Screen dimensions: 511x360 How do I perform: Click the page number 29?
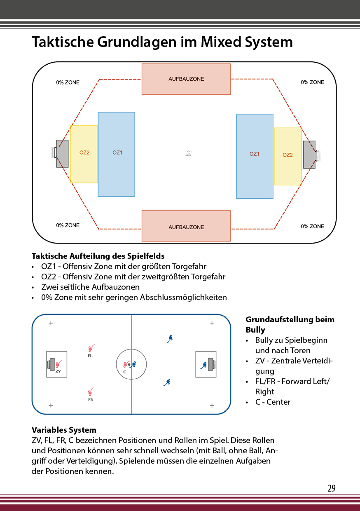point(332,488)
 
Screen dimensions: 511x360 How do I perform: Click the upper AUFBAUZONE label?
point(186,79)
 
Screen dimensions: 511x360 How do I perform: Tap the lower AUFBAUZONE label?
point(186,227)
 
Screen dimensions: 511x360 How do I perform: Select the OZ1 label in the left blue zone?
point(117,153)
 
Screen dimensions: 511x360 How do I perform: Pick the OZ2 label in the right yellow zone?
point(288,155)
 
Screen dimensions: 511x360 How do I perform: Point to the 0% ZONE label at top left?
point(68,82)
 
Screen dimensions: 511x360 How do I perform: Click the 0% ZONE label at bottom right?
point(312,226)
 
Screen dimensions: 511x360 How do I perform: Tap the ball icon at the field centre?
point(189,153)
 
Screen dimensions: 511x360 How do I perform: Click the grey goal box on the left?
point(62,154)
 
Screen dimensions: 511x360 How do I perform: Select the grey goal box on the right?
point(309,155)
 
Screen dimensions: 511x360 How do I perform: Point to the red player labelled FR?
point(91,391)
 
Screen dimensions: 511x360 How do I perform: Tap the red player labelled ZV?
point(59,364)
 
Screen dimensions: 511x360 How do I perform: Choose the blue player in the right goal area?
point(203,365)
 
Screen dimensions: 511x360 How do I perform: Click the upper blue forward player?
point(170,338)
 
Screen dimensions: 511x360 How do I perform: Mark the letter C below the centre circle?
point(124,372)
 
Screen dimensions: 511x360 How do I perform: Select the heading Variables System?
point(64,430)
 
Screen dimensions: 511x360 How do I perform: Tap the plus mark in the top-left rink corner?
point(51,323)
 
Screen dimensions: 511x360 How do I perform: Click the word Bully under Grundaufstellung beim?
point(255,330)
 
